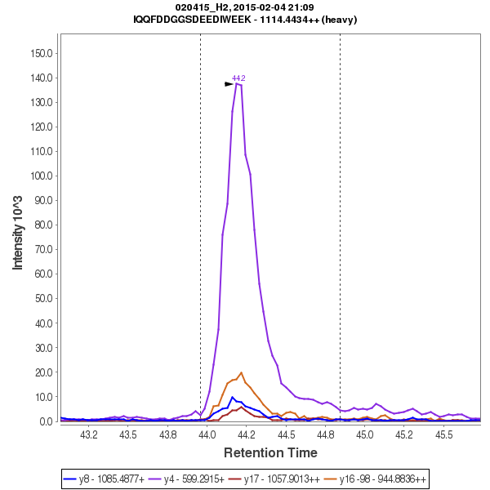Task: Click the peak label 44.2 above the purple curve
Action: (238, 78)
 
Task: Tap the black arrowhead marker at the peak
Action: (229, 83)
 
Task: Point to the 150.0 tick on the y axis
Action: (42, 53)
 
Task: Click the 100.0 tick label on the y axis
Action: (42, 176)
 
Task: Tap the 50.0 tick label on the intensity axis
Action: (43, 298)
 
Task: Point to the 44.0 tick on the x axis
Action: (207, 435)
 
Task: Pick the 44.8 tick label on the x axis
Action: (325, 435)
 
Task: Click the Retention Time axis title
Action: (271, 452)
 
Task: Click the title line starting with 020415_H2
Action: (245, 7)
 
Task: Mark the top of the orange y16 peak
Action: (241, 373)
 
